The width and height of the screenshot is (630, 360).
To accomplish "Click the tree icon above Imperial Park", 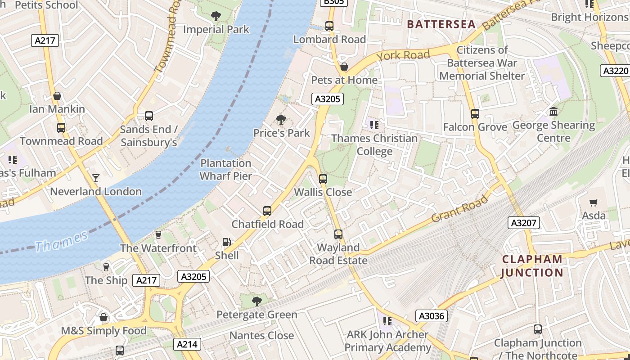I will pos(216,16).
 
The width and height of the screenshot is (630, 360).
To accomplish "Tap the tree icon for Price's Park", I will pos(281,120).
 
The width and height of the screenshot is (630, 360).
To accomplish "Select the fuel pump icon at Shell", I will pos(227,242).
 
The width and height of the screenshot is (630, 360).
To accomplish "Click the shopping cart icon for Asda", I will pos(594,203).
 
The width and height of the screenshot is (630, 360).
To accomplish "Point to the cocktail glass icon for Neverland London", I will pos(96,178).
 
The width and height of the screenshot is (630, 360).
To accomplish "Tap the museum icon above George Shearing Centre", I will pos(553,111).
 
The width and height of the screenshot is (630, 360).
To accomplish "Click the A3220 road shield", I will pos(615,71).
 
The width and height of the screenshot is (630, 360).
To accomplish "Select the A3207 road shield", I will pos(524,223).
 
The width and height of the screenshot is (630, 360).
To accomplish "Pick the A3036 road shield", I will pos(432,316).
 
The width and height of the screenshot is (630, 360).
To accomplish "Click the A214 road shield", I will pos(187,345).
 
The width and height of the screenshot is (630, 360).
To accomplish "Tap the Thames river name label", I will pos(61,241).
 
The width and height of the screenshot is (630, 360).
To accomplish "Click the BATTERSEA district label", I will pos(441,24).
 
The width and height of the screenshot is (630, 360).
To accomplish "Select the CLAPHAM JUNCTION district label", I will pos(532,266).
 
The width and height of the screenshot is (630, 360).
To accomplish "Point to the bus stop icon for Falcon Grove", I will pos(475,114).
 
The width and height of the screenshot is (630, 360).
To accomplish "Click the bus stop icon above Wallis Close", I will pos(323,179).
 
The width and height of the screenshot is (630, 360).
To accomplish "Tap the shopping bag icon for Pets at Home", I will pos(344,67).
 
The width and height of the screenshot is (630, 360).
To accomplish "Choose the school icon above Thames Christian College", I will pos(374,125).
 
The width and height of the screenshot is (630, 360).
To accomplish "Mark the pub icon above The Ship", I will pos(106,267).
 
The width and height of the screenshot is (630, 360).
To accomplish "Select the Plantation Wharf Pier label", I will pos(226,170).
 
